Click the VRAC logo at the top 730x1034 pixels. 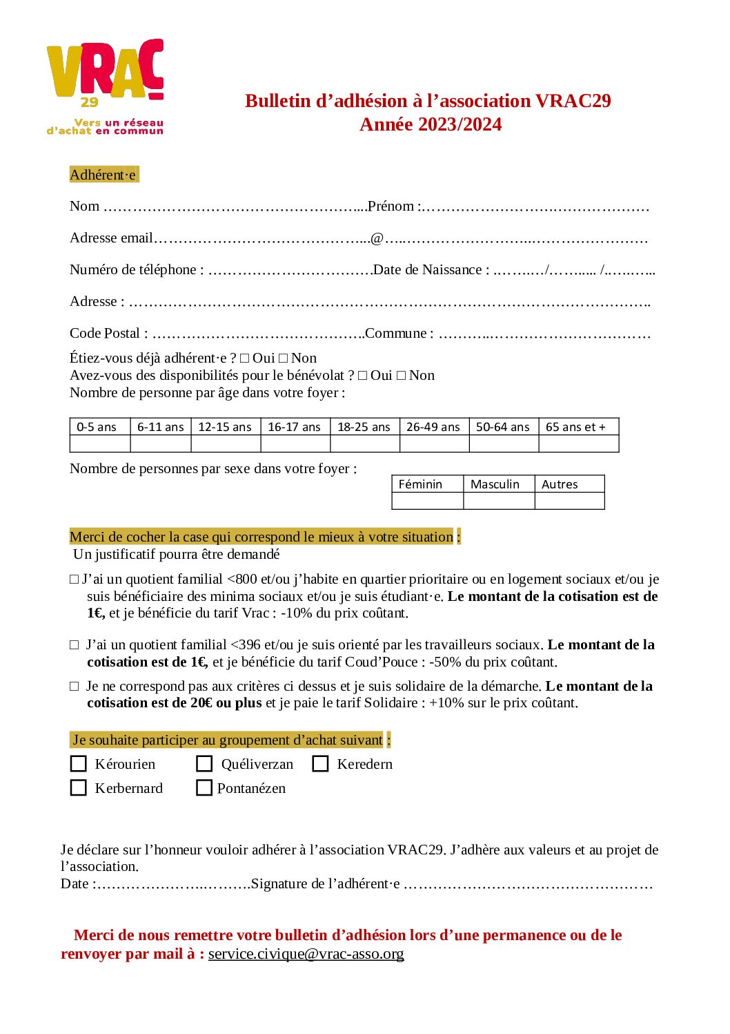coord(105,86)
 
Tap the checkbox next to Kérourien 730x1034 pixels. coord(79,764)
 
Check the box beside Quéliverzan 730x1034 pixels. coord(204,764)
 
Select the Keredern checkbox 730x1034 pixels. coord(320,764)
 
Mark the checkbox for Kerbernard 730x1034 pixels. coord(79,788)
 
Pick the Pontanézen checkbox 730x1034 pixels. coord(204,788)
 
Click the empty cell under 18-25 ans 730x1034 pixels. coord(365,443)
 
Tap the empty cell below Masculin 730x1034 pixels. coord(499,501)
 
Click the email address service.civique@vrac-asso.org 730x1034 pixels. coord(306,954)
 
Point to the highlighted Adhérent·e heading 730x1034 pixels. coord(103,175)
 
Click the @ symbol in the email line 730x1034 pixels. coord(377,238)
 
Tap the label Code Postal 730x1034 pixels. coord(105,333)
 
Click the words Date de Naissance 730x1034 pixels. coord(427,269)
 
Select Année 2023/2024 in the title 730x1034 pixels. coord(431,124)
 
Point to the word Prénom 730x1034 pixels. coord(391,206)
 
